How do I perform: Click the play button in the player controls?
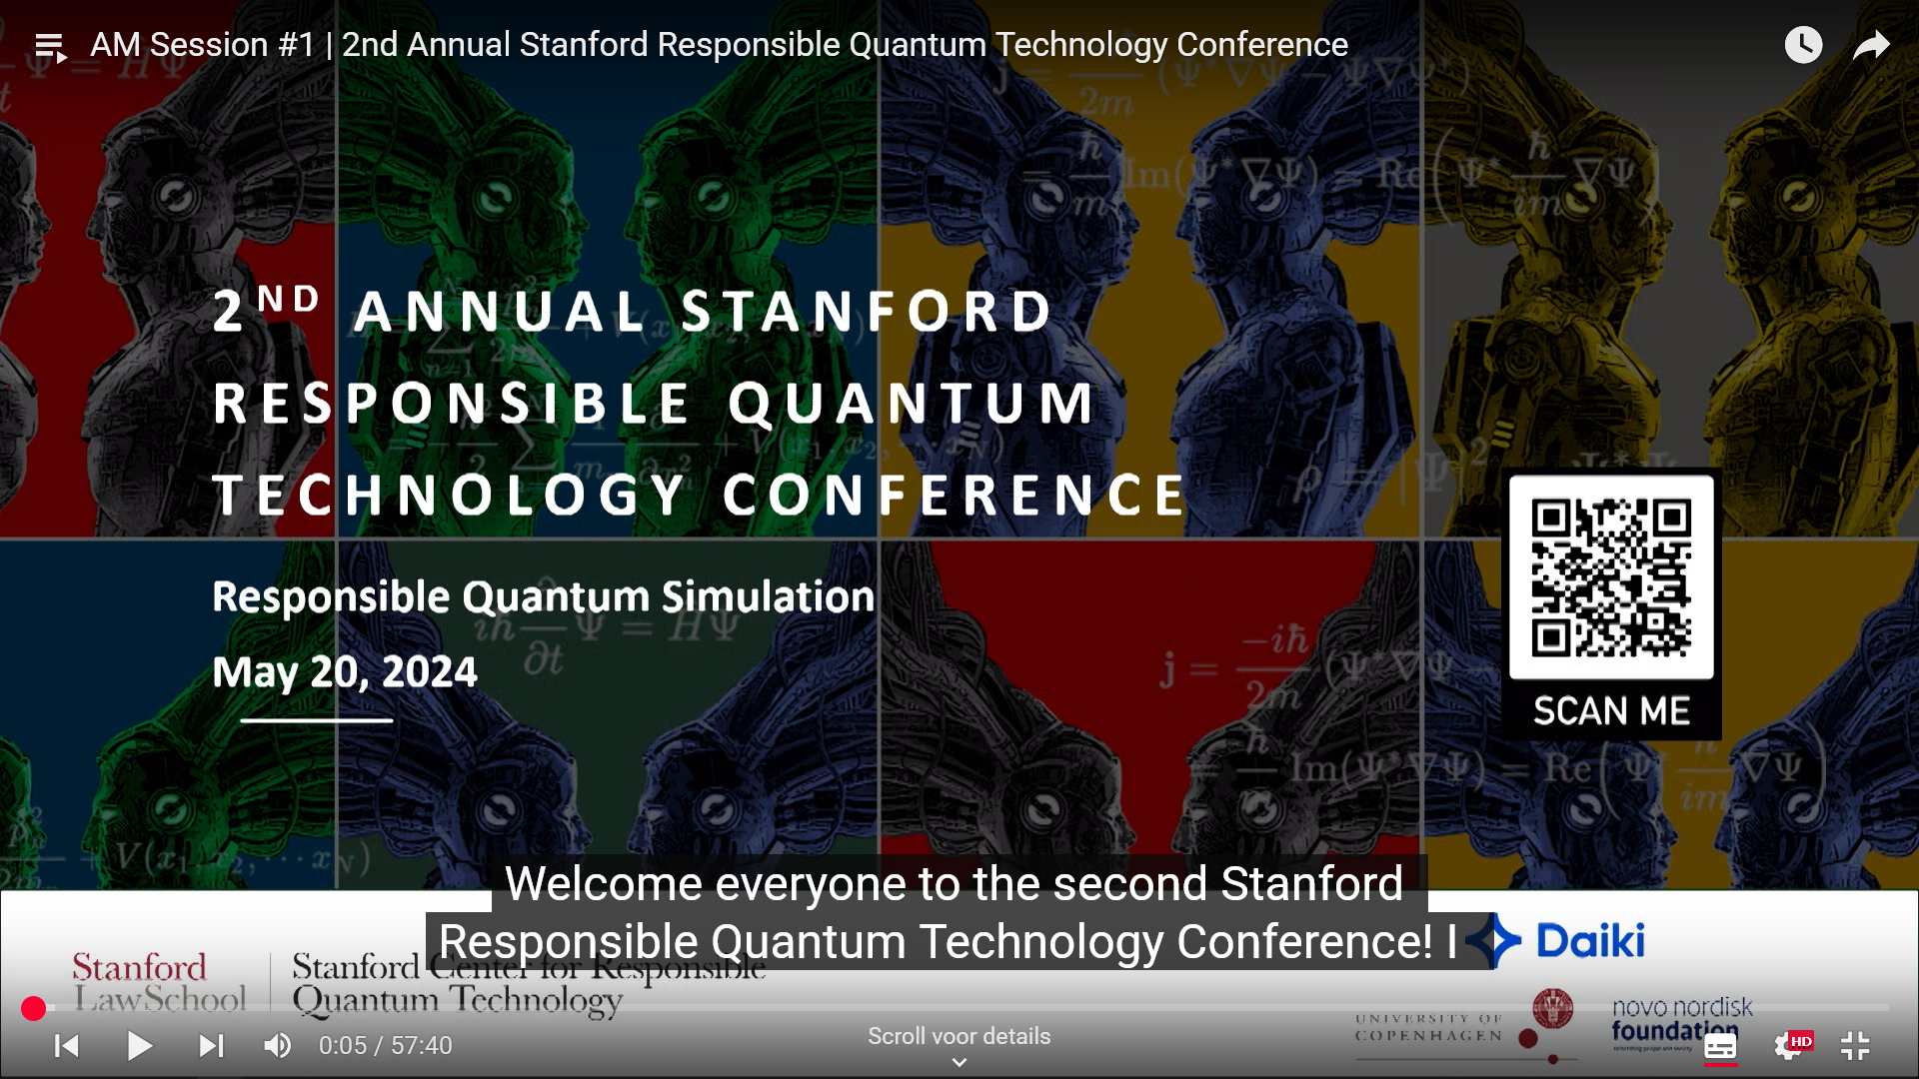click(x=140, y=1046)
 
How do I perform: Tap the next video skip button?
click(x=211, y=1046)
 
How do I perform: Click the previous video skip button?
click(x=67, y=1046)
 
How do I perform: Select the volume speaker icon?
click(x=277, y=1046)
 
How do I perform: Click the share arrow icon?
click(x=1871, y=45)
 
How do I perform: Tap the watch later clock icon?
click(x=1803, y=45)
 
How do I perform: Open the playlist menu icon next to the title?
click(x=50, y=46)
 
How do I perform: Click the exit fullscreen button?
click(x=1855, y=1046)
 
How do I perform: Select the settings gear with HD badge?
click(x=1789, y=1046)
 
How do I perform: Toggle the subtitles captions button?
click(x=1720, y=1046)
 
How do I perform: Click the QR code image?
click(x=1611, y=577)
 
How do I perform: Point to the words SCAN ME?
click(x=1611, y=711)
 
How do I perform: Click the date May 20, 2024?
click(x=345, y=671)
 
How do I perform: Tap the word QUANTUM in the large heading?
click(x=912, y=404)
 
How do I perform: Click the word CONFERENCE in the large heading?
click(x=955, y=496)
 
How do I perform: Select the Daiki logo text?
click(x=1589, y=941)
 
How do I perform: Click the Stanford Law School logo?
click(x=160, y=983)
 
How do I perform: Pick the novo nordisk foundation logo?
click(x=1681, y=1019)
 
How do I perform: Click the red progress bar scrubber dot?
click(x=33, y=1009)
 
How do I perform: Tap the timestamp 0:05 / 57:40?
click(x=385, y=1046)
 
